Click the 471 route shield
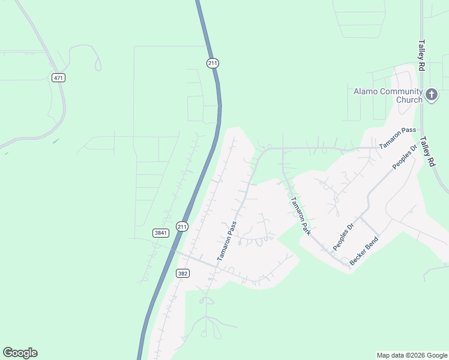click(x=58, y=78)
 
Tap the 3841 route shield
click(x=160, y=233)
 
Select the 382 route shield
click(x=184, y=273)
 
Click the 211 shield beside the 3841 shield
click(x=182, y=226)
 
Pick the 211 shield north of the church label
click(x=212, y=63)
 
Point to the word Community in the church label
click(x=401, y=91)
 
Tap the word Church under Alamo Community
click(x=409, y=100)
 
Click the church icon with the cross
click(x=432, y=95)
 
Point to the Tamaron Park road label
click(x=300, y=215)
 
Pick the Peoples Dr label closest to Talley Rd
click(x=404, y=157)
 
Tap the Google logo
click(x=20, y=353)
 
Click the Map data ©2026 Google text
click(x=412, y=355)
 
